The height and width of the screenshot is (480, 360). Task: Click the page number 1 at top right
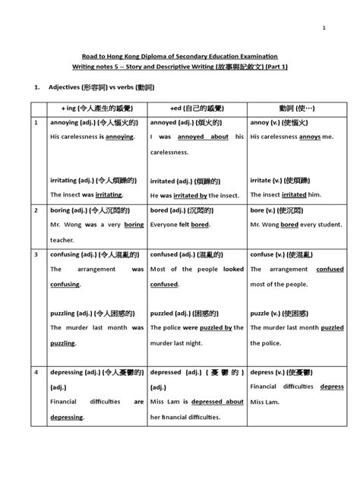point(324,28)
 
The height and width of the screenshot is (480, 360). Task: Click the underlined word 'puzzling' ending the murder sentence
point(64,343)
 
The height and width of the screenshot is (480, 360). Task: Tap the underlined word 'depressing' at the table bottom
point(68,417)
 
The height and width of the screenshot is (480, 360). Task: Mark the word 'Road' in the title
point(91,57)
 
